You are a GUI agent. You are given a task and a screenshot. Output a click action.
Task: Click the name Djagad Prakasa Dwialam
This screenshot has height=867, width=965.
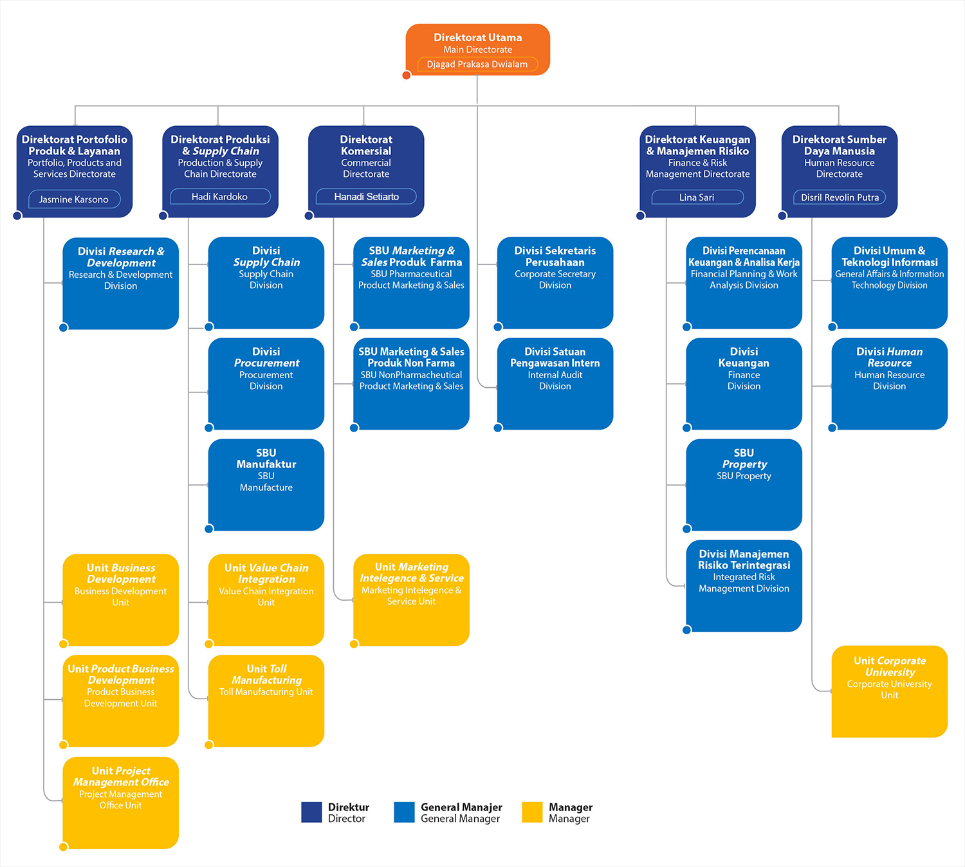click(477, 64)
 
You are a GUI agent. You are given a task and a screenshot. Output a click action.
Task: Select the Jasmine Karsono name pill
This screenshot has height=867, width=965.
click(74, 199)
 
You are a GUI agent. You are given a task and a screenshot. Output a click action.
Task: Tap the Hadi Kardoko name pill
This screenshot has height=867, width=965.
click(219, 197)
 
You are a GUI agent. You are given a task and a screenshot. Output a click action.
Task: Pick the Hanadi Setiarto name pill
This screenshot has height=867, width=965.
click(366, 197)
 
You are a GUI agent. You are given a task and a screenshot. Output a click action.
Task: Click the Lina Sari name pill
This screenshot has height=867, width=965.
click(697, 197)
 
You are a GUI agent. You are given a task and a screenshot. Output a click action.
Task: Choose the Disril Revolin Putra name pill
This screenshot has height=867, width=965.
click(840, 197)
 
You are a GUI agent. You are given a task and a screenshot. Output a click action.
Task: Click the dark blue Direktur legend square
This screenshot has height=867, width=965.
click(311, 812)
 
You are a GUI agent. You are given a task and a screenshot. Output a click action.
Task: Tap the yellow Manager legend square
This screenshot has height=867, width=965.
click(532, 812)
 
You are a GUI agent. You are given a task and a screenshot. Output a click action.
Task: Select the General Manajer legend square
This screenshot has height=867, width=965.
click(404, 812)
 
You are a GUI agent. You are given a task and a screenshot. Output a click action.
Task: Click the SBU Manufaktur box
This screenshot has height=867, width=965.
click(266, 485)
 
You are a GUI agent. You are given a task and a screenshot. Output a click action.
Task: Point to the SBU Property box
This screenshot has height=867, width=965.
click(744, 485)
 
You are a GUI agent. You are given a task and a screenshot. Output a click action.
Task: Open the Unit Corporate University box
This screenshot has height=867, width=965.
click(889, 691)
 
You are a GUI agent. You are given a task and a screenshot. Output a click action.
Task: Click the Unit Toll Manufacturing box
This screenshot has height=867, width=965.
click(266, 700)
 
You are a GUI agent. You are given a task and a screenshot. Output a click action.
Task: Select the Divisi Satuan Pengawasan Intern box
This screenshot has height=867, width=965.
click(555, 384)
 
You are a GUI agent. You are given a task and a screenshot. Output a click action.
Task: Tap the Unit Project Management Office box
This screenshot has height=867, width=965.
click(121, 803)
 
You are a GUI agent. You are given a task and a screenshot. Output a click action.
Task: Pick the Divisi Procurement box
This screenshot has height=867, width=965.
click(266, 384)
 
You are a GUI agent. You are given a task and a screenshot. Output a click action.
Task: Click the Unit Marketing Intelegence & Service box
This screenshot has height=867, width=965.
click(411, 599)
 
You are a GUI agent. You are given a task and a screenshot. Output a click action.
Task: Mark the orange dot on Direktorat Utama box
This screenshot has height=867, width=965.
click(407, 75)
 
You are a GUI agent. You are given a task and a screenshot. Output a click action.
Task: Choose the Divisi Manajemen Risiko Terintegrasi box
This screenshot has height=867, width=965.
click(744, 586)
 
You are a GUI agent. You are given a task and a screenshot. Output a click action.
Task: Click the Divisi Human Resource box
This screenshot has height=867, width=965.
click(889, 384)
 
